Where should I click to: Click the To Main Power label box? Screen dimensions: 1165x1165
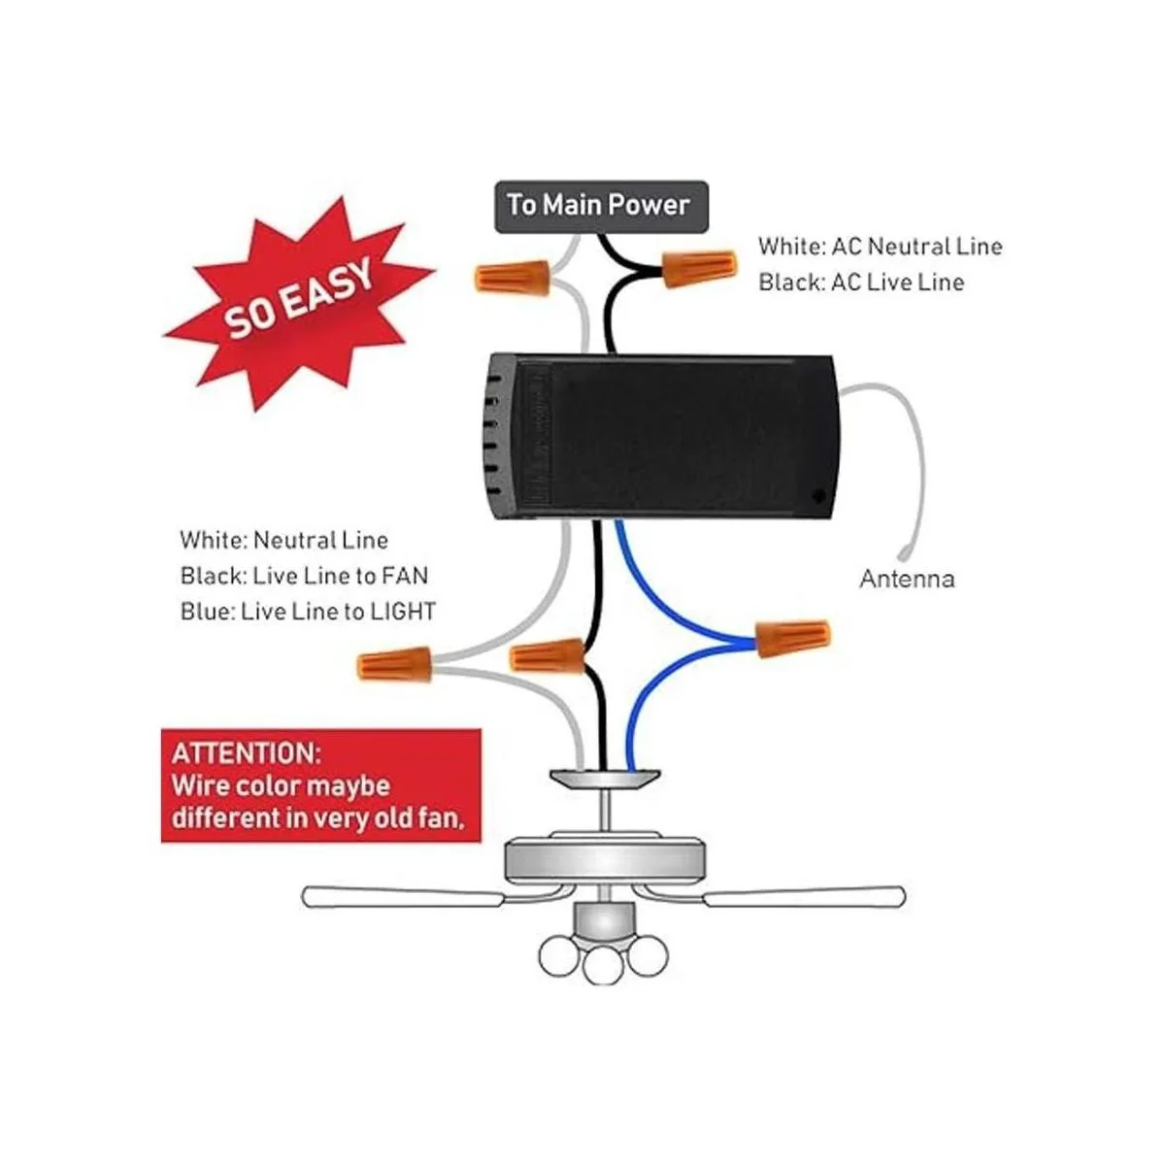pos(601,206)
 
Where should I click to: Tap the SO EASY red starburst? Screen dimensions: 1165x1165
pos(299,302)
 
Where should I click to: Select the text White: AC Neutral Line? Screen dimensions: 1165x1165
pos(881,246)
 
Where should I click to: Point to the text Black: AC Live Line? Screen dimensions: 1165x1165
pos(861,283)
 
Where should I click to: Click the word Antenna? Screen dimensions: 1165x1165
pos(907,579)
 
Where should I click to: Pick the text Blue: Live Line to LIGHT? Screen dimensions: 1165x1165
pos(308,612)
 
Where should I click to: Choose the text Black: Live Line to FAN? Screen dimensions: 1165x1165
pos(304,576)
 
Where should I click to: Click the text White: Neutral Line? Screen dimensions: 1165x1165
pos(284,540)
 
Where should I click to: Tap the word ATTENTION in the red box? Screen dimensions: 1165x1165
pos(247,754)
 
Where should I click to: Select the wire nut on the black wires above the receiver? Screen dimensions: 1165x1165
pos(700,269)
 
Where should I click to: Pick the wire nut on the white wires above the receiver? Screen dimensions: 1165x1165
pos(512,277)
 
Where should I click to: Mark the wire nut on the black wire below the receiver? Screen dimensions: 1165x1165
pos(547,655)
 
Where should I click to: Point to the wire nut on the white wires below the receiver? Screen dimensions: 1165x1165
pos(395,664)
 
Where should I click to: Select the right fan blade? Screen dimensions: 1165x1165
pos(804,895)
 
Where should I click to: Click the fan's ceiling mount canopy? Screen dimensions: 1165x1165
pos(605,778)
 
